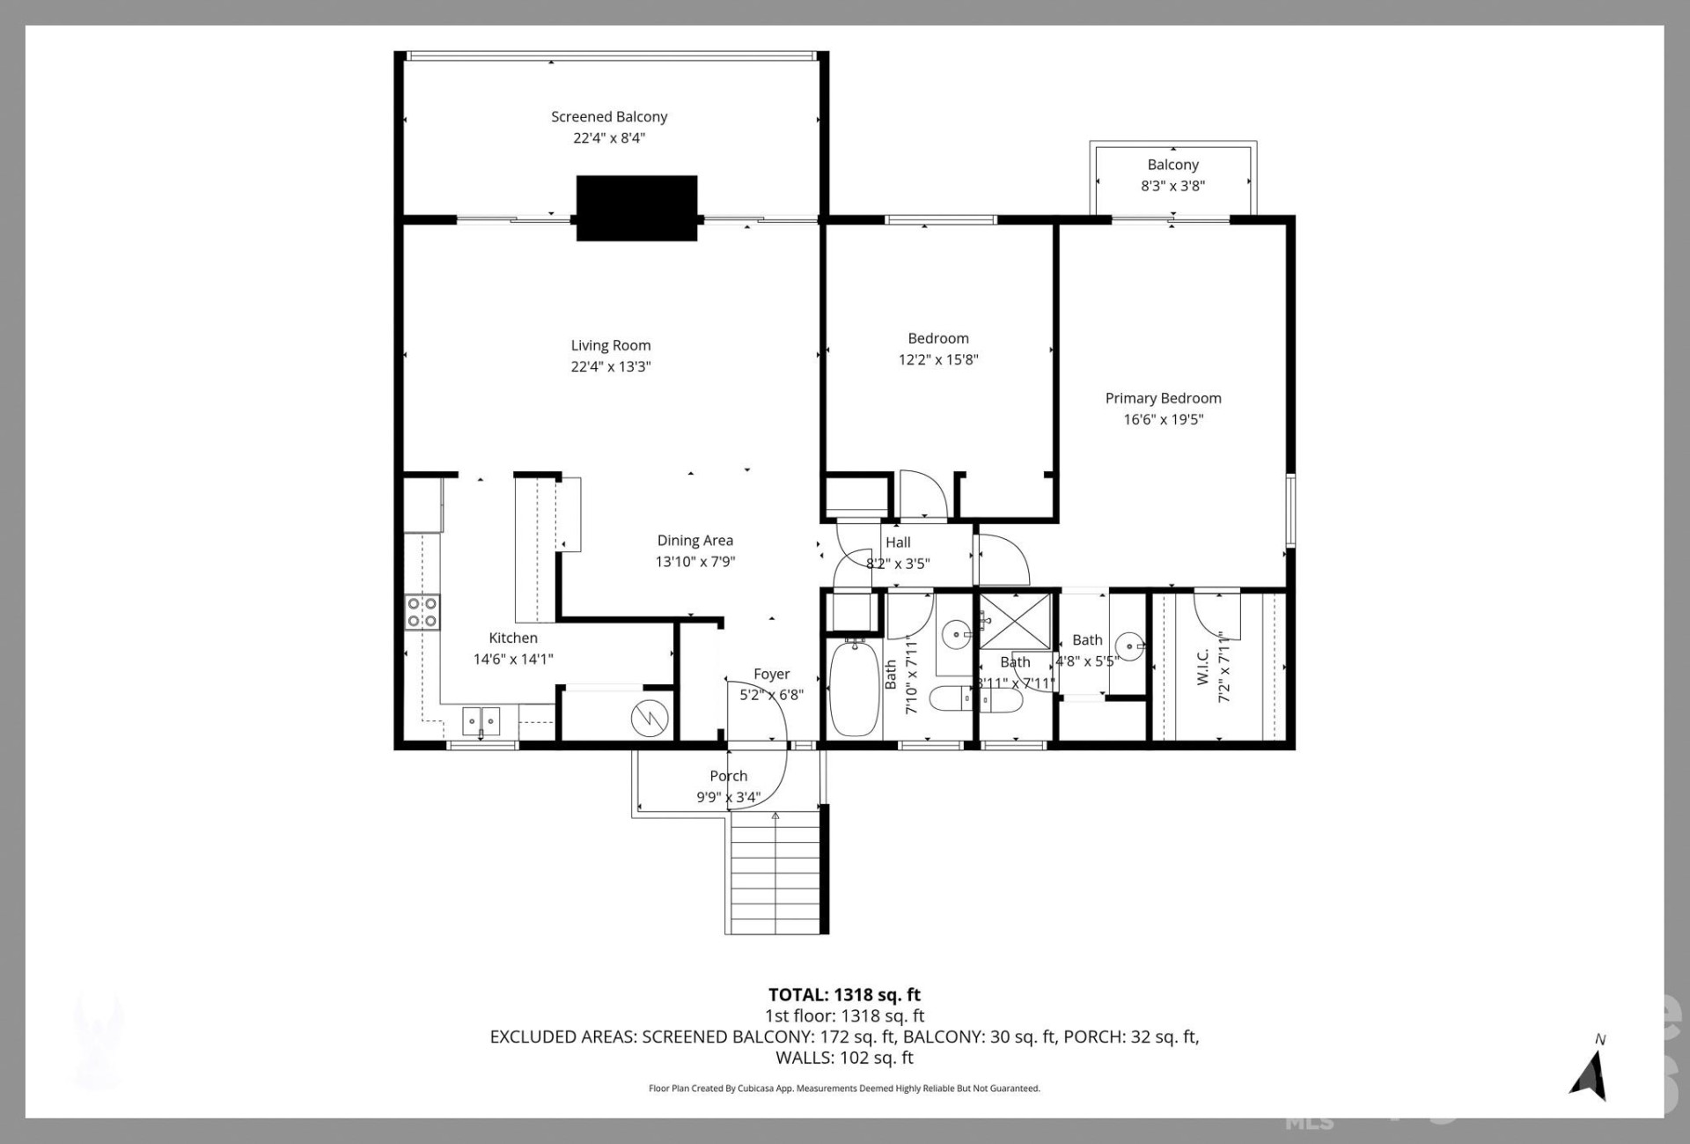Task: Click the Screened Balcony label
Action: coord(609,116)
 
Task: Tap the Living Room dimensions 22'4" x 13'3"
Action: coord(610,366)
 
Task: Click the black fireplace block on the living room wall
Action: coord(636,208)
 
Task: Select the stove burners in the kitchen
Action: coord(422,612)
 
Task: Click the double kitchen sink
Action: coord(481,721)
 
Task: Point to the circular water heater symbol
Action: coord(650,720)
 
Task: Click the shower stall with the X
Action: coord(1016,622)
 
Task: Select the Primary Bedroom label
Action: coord(1163,398)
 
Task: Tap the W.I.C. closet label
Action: coord(1203,666)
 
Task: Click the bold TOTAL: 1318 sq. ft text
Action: coord(844,994)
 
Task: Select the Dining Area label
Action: coord(694,541)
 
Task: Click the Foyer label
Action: coord(771,674)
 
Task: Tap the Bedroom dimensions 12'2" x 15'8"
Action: coord(938,359)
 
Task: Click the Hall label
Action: coord(898,542)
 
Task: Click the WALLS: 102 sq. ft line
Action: coord(844,1058)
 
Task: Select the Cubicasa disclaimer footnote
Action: coord(844,1089)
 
